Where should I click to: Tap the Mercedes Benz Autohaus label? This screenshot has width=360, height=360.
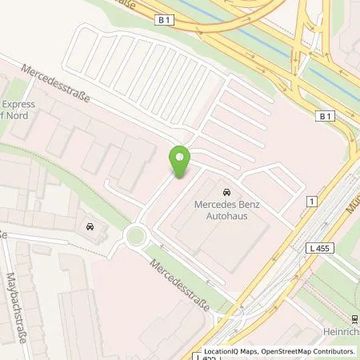point(226,210)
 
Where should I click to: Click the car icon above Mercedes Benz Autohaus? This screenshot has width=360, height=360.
point(227,193)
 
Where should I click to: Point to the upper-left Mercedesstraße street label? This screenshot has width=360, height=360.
point(55,88)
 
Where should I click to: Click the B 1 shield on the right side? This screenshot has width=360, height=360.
point(324,117)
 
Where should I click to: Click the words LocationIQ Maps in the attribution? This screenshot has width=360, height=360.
point(230,351)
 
